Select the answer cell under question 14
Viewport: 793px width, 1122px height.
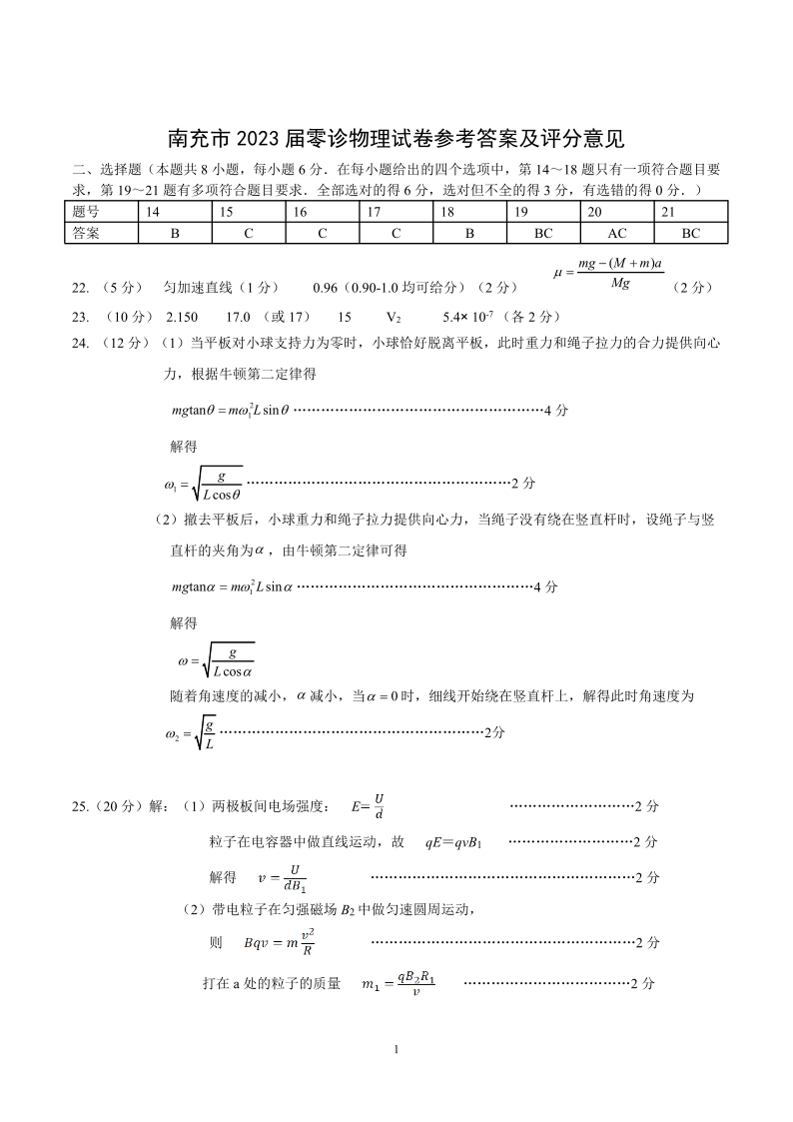coord(174,233)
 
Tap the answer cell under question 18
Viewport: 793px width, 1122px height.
coord(470,233)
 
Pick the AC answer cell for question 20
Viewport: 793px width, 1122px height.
coord(617,233)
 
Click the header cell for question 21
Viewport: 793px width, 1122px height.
coord(691,212)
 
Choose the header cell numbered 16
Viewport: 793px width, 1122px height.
coord(322,212)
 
